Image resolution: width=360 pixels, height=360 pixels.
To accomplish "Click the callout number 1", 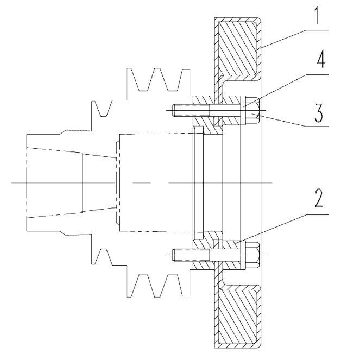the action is (x=317, y=15).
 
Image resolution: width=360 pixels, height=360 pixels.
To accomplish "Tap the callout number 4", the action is (x=321, y=59).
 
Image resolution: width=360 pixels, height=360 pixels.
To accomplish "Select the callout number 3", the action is (x=319, y=113).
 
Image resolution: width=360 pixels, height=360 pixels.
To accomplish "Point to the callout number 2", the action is (x=318, y=199).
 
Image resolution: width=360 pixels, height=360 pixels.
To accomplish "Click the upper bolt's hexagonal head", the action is (x=252, y=111).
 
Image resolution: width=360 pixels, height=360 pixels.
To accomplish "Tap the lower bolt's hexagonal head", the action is (x=252, y=255).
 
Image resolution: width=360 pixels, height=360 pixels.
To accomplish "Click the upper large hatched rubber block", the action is (x=237, y=48).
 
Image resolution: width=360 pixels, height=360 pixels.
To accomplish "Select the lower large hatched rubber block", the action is (x=237, y=317).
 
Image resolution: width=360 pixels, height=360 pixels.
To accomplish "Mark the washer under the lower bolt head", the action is (x=243, y=255).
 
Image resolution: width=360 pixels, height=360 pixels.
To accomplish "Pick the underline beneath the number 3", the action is (x=317, y=127).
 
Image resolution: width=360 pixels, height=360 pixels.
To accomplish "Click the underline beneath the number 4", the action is (x=317, y=74).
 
